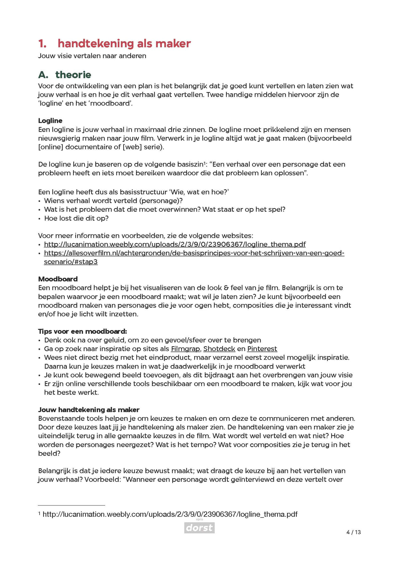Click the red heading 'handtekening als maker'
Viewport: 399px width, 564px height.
[124, 44]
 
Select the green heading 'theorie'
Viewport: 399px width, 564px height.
[73, 75]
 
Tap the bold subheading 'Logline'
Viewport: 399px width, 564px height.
[50, 121]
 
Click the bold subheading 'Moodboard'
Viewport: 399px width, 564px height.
[58, 279]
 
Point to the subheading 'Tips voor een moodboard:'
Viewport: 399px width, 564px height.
[82, 331]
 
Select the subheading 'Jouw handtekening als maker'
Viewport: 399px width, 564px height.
[89, 409]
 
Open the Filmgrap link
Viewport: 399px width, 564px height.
[185, 349]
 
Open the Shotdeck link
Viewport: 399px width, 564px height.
[219, 349]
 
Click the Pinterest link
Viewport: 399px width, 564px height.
[262, 349]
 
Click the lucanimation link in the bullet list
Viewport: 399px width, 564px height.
[175, 244]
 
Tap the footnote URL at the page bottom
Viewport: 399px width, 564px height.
[170, 514]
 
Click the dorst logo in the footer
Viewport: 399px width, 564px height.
[199, 527]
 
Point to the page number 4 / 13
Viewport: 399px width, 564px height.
[353, 532]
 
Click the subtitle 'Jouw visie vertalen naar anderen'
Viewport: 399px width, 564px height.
[92, 56]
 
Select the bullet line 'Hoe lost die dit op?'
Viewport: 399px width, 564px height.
[76, 218]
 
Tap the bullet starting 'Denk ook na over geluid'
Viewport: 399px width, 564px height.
[152, 340]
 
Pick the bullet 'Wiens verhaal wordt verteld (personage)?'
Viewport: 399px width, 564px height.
[113, 200]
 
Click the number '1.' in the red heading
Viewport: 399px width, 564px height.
[42, 44]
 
